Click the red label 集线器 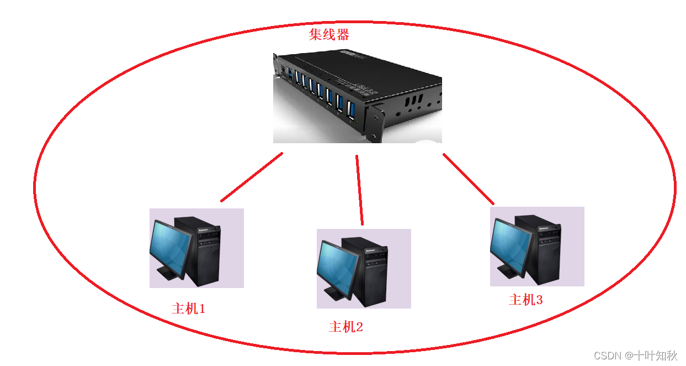(329, 35)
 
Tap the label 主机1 (188, 309)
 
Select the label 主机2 (346, 327)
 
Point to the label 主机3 (525, 300)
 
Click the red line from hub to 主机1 (252, 177)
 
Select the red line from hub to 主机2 (360, 190)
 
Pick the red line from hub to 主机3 (469, 179)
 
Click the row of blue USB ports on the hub (320, 91)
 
